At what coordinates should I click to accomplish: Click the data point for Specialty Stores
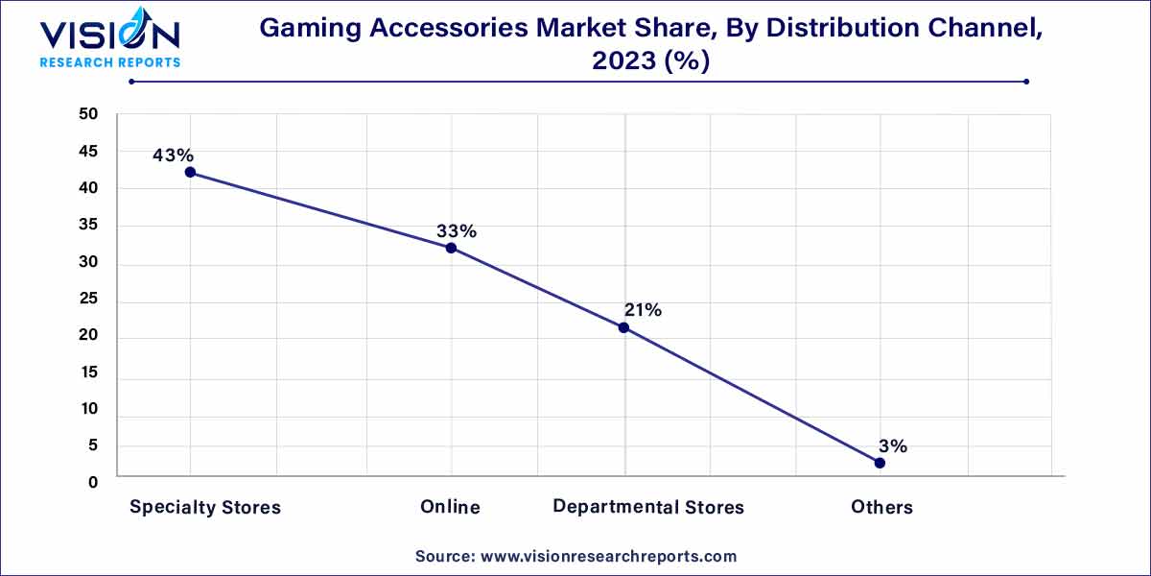pyautogui.click(x=190, y=173)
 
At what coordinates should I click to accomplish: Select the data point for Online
pyautogui.click(x=451, y=248)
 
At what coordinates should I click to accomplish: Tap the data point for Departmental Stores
pyautogui.click(x=623, y=327)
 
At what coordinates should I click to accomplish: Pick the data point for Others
pyautogui.click(x=880, y=463)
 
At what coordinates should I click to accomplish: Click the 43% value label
pyautogui.click(x=174, y=155)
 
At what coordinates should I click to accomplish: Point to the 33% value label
pyautogui.click(x=456, y=230)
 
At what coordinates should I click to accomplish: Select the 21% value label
pyautogui.click(x=642, y=310)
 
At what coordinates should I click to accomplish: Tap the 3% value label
pyautogui.click(x=892, y=445)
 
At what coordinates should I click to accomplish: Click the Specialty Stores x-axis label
pyautogui.click(x=205, y=507)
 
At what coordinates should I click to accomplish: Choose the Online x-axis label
pyautogui.click(x=450, y=507)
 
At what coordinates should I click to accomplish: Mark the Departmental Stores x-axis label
pyautogui.click(x=648, y=507)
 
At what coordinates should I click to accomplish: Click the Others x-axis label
pyautogui.click(x=881, y=507)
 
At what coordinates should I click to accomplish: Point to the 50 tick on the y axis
pyautogui.click(x=88, y=114)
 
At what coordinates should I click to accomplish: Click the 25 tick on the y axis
pyautogui.click(x=88, y=300)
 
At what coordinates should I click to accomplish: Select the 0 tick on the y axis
pyautogui.click(x=93, y=482)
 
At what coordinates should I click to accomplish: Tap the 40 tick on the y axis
pyautogui.click(x=88, y=188)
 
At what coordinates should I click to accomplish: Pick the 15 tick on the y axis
pyautogui.click(x=88, y=373)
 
